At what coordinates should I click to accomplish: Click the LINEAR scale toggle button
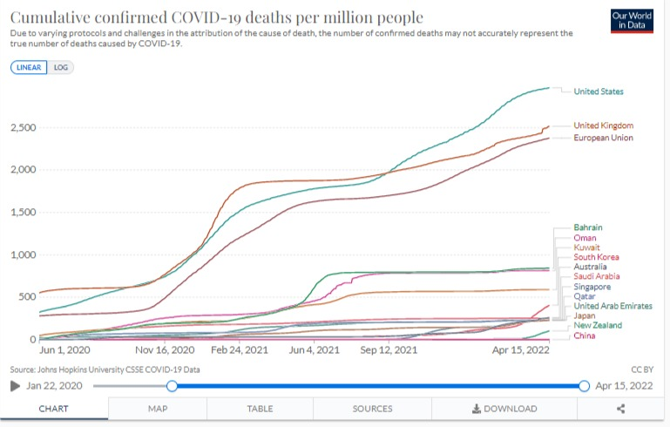click(30, 67)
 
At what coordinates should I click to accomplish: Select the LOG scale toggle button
click(60, 67)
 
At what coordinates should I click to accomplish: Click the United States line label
click(599, 91)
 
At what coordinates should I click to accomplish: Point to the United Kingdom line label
click(603, 125)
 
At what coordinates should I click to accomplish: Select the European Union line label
click(603, 138)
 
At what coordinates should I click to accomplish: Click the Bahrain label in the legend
click(588, 227)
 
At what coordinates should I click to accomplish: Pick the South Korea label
click(597, 257)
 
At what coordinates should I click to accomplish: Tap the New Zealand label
click(599, 325)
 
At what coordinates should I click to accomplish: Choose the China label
click(585, 335)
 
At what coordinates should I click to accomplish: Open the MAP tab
click(164, 409)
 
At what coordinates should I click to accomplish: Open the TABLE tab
click(260, 409)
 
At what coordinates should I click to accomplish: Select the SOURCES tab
click(372, 409)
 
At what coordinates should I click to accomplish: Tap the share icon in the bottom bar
click(620, 409)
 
